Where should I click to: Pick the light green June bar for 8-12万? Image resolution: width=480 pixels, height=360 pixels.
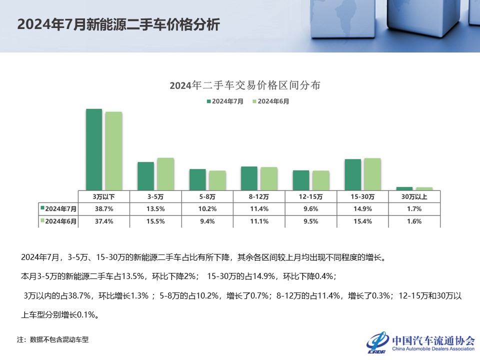(268, 178)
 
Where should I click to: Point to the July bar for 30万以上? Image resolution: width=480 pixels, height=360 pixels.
(404, 188)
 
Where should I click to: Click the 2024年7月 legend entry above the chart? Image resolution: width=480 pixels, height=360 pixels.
(225, 101)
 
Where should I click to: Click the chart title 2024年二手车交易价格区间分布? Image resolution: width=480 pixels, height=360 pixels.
(244, 85)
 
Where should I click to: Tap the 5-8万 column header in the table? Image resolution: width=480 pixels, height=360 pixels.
(207, 196)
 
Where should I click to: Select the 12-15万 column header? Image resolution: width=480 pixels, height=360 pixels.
(310, 196)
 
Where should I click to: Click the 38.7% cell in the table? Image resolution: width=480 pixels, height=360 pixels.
(103, 208)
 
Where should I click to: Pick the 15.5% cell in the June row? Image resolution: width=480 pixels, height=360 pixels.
(155, 221)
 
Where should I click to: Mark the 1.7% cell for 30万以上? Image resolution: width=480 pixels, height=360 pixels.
(414, 208)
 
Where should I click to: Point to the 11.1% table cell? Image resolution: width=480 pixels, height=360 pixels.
(259, 221)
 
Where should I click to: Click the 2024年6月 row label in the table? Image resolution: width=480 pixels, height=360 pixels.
(58, 221)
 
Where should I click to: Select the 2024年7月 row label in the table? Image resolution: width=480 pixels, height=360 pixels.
(58, 208)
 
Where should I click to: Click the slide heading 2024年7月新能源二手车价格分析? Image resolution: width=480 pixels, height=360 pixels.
(118, 25)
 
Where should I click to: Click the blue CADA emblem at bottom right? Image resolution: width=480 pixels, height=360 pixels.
(378, 341)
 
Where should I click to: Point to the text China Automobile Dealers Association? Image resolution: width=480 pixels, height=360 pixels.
(433, 349)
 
